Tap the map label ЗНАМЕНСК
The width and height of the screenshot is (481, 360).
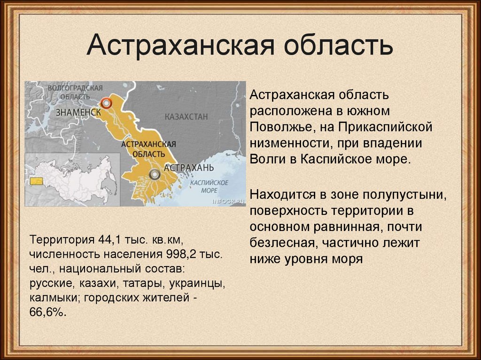[78, 113]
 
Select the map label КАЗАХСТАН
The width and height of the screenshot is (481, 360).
[186, 116]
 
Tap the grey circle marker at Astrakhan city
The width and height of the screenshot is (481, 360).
[154, 175]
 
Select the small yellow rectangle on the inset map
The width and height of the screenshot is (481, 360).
[35, 181]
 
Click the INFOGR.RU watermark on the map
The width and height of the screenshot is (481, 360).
[229, 201]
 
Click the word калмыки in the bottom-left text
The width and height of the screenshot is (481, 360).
[51, 298]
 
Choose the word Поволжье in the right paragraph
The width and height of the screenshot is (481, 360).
[278, 127]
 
